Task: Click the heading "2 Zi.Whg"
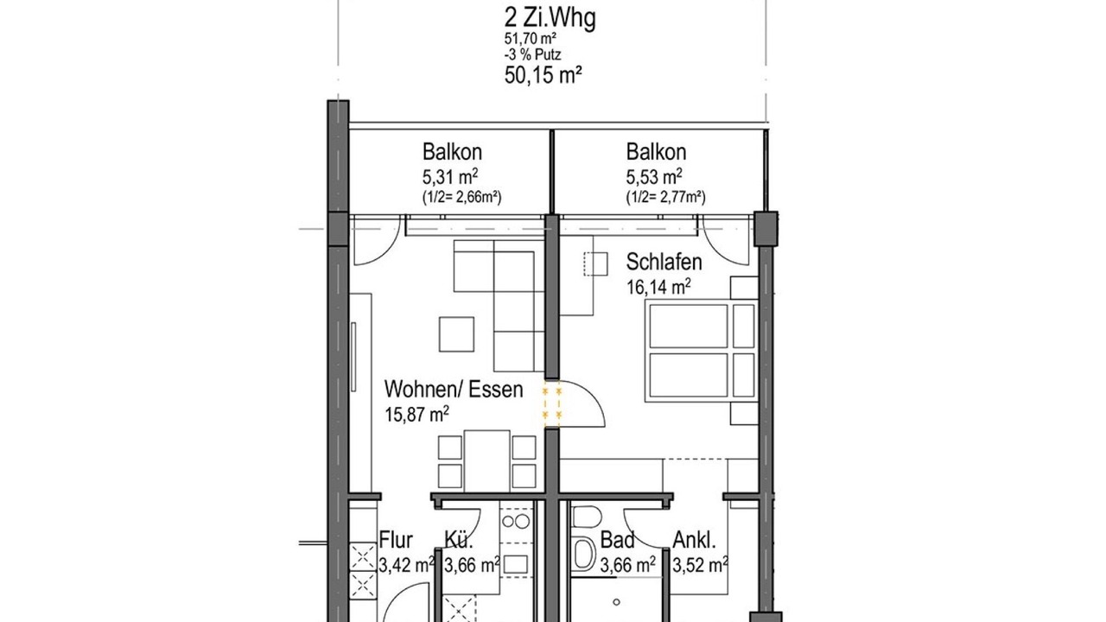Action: [x=550, y=19]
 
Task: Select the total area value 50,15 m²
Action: [x=543, y=75]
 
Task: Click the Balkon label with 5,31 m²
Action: [x=452, y=152]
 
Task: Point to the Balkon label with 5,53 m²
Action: [x=656, y=152]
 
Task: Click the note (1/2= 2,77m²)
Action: [x=665, y=198]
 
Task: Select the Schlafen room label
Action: [x=664, y=262]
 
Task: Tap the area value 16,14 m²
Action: [x=658, y=286]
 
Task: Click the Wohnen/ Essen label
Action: [x=454, y=390]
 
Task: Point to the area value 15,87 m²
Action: [x=416, y=414]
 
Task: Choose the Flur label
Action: [x=396, y=540]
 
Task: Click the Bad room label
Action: [x=617, y=540]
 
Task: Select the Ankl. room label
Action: [x=694, y=540]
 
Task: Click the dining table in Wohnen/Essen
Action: [x=486, y=460]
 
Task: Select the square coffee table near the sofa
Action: [x=457, y=334]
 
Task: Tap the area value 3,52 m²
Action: [x=700, y=565]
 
